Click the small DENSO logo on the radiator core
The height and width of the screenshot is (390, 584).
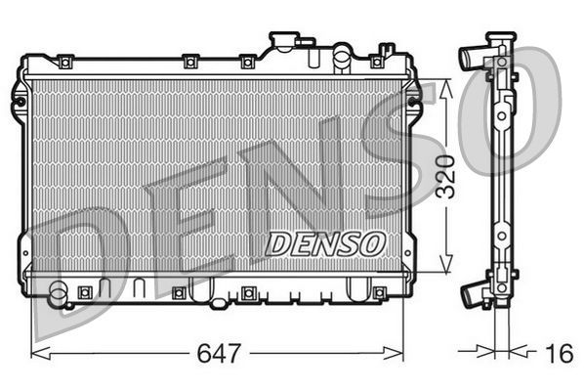coord(320,241)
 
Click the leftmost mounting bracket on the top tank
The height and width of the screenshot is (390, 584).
coord(64,63)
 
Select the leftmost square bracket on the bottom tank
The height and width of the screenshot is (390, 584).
coord(85,291)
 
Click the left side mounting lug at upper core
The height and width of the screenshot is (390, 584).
coord(20,98)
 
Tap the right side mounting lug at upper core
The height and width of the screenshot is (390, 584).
coord(414,98)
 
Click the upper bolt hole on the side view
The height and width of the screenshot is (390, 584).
coord(501,115)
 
